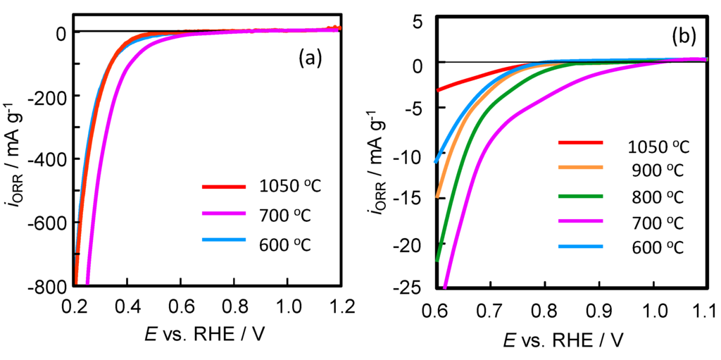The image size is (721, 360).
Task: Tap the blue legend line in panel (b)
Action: pyautogui.click(x=581, y=247)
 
